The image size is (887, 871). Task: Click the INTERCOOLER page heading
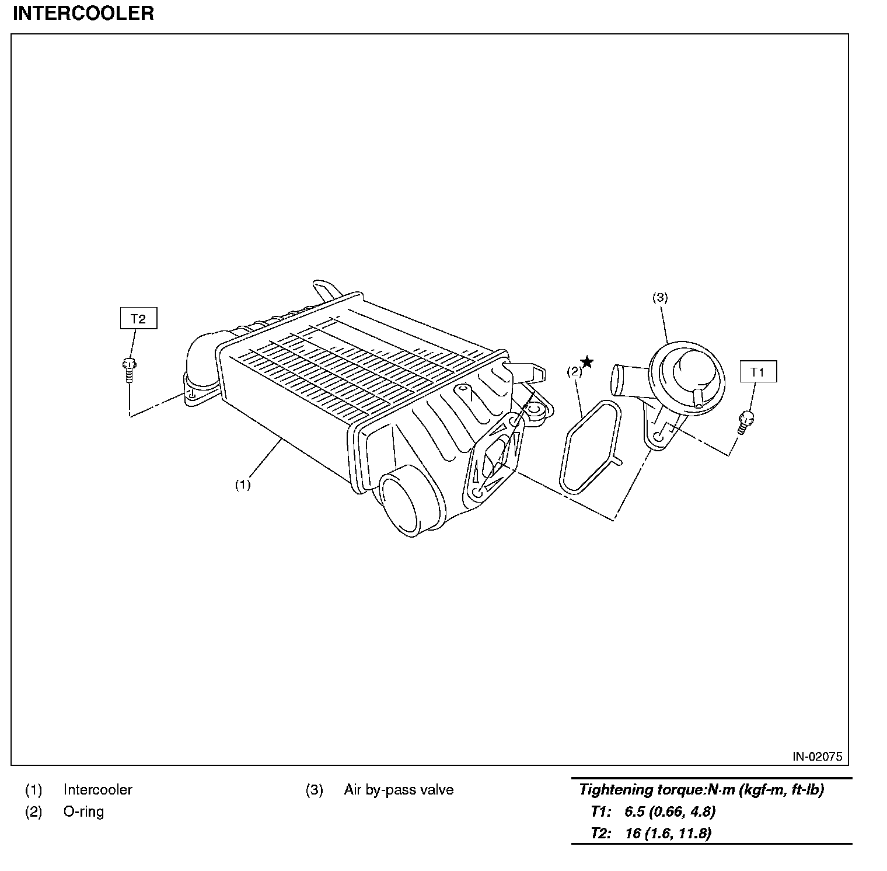(83, 13)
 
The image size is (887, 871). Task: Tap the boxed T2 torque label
(138, 319)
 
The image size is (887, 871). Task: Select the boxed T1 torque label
(757, 372)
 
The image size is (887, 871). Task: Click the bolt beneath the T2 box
(129, 368)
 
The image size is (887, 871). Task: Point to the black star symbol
(587, 363)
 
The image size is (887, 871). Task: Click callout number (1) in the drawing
(242, 484)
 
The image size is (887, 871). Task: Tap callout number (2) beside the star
(575, 371)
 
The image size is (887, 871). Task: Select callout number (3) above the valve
(659, 297)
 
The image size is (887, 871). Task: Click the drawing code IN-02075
(817, 757)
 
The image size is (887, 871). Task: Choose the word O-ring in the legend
(83, 811)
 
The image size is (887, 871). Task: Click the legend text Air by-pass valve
(399, 790)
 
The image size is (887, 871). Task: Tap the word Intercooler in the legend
(98, 790)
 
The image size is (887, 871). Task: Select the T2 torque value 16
(633, 833)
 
